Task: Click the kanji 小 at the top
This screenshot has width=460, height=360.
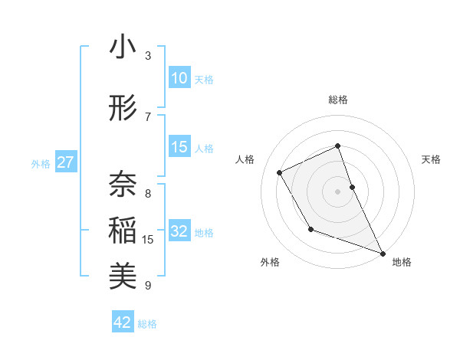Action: (x=123, y=47)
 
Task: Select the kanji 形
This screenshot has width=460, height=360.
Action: (x=123, y=109)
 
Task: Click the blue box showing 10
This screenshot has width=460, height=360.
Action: (x=179, y=78)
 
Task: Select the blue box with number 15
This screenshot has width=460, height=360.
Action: (x=179, y=147)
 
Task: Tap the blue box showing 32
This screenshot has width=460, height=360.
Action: (x=179, y=231)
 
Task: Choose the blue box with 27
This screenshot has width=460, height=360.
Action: (x=66, y=162)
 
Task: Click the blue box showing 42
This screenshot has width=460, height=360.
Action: (x=123, y=322)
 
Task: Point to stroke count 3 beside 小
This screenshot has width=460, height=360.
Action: (x=148, y=56)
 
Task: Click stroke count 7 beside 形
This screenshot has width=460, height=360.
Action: (x=148, y=116)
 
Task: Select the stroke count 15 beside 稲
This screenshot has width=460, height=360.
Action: (x=148, y=240)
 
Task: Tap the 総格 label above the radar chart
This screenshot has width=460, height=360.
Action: (x=337, y=100)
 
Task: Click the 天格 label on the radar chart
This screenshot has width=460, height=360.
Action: (x=432, y=159)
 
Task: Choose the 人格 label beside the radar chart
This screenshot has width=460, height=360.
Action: (x=245, y=159)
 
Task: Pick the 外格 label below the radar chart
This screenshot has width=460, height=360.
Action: (x=270, y=263)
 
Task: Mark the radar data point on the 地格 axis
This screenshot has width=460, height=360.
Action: (x=383, y=254)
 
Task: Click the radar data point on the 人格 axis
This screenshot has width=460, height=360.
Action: (x=280, y=172)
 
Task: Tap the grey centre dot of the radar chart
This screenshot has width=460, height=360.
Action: (x=337, y=191)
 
